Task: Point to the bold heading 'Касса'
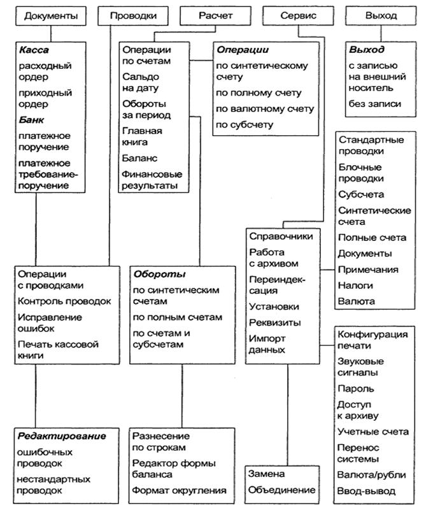[34, 50]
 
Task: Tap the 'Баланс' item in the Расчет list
[140, 157]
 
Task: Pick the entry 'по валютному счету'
[264, 109]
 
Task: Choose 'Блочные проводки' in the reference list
[361, 173]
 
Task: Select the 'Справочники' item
[281, 236]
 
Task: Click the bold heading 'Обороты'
[159, 275]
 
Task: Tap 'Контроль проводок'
[65, 301]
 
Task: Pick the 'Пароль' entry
[356, 388]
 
